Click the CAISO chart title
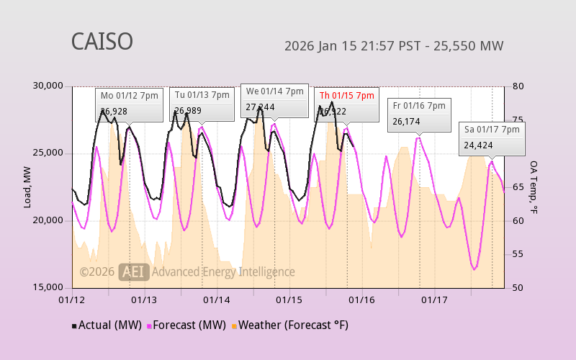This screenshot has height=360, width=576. [x=102, y=42]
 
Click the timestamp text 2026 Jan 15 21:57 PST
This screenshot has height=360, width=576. [x=348, y=47]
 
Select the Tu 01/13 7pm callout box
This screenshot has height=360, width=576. [x=202, y=104]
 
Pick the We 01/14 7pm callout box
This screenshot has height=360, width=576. [x=274, y=100]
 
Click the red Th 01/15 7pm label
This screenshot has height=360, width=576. [x=346, y=96]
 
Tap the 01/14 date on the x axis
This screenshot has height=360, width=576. [x=217, y=299]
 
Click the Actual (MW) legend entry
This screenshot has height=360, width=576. [x=107, y=325]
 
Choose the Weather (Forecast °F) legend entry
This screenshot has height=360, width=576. [x=290, y=325]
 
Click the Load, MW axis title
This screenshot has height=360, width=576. [x=27, y=187]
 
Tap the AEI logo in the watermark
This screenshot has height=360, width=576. [x=133, y=271]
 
